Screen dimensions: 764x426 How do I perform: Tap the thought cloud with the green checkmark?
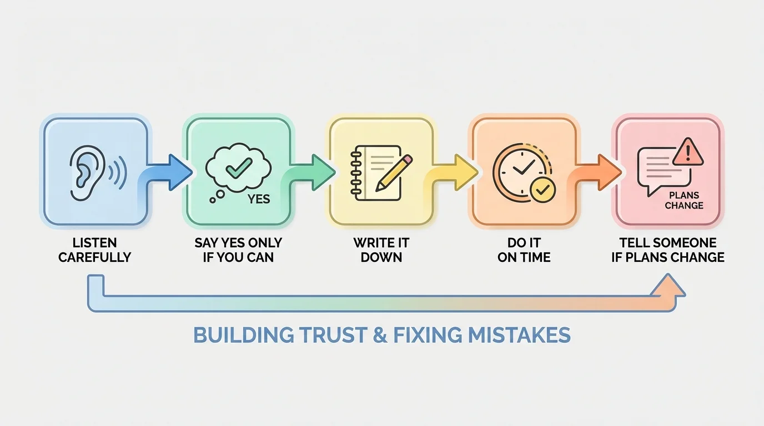[x=238, y=166]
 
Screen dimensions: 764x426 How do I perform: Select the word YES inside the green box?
[x=259, y=199]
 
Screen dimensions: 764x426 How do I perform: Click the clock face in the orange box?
[x=517, y=166]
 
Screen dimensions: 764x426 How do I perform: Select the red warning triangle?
[x=688, y=152]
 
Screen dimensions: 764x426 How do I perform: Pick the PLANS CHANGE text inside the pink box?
[x=684, y=200]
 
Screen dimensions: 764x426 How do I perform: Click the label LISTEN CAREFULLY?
[x=95, y=250]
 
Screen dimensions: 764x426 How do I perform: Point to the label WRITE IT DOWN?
[x=381, y=250]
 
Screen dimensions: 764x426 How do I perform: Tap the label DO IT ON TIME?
[x=524, y=250]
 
